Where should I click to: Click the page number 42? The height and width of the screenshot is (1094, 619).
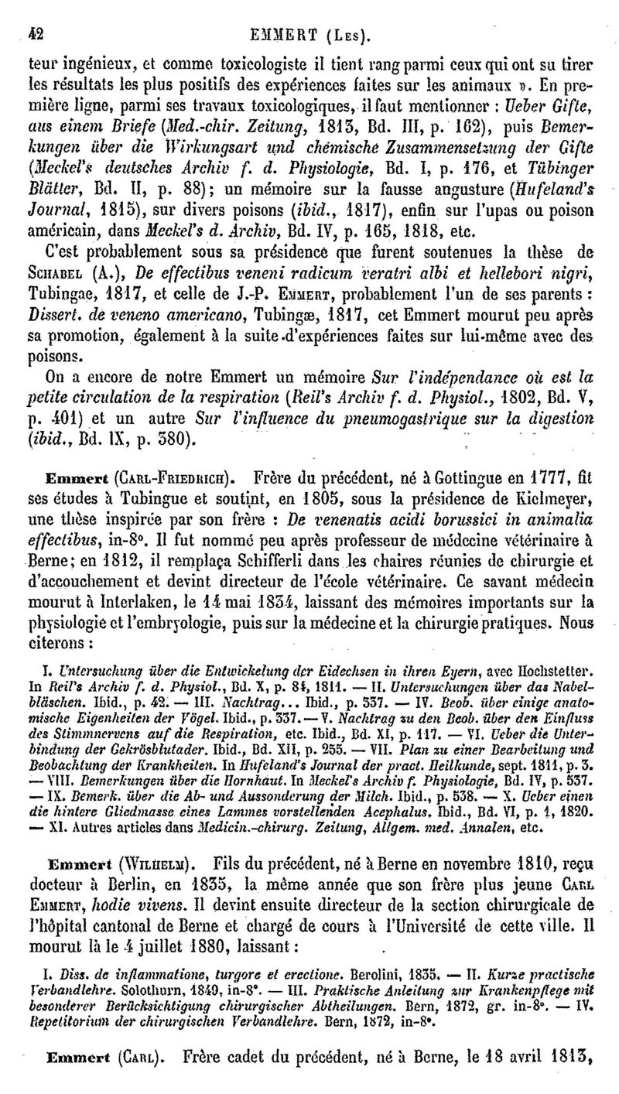33,12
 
